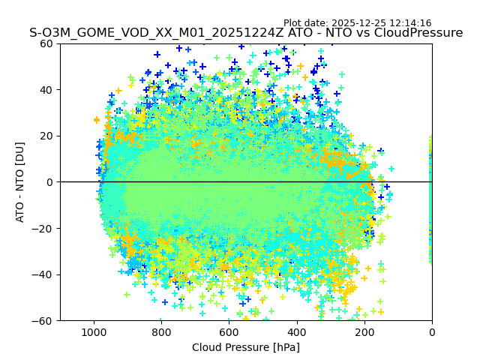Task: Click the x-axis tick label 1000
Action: tap(94, 331)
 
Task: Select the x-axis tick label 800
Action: tap(161, 331)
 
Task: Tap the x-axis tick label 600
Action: tap(229, 331)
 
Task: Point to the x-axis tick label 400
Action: tap(296, 331)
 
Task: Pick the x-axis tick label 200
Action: tap(364, 331)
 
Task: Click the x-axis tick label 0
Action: tap(431, 331)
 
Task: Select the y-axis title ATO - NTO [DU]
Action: tap(20, 182)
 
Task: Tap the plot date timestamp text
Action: tap(357, 23)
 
